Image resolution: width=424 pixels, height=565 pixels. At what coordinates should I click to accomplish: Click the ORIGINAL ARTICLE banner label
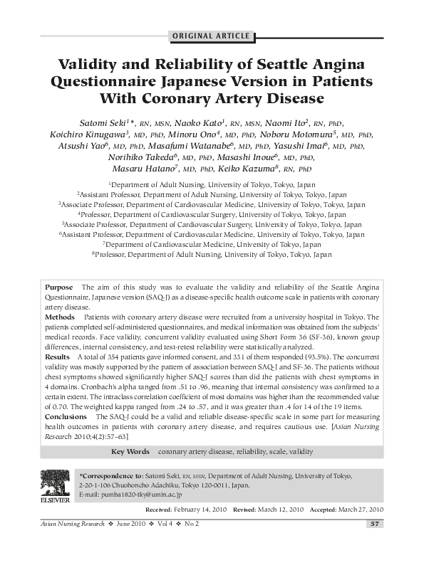(x=212, y=36)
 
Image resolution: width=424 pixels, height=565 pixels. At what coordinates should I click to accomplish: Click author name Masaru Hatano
(x=136, y=169)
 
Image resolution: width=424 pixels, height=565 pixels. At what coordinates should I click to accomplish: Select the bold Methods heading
(x=60, y=315)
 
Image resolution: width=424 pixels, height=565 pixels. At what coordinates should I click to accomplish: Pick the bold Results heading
(x=58, y=355)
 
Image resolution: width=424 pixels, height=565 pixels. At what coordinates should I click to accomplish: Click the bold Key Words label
(x=130, y=452)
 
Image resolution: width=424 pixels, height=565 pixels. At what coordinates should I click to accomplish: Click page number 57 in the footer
(x=376, y=524)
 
